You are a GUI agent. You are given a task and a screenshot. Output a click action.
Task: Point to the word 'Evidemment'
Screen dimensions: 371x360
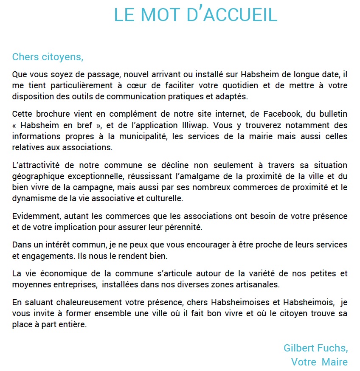35,216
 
